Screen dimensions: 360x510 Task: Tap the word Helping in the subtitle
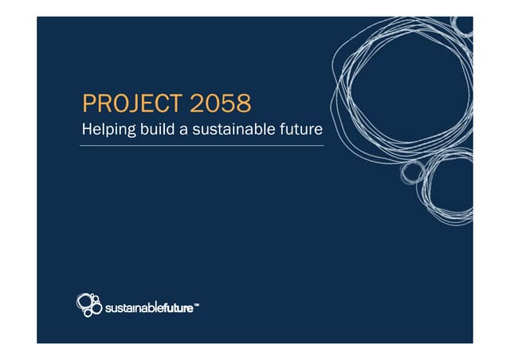tap(108, 128)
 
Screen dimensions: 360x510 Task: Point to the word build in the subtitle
tap(156, 128)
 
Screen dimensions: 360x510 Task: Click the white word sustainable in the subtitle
tap(225, 128)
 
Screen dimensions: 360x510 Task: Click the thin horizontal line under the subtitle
tap(203, 146)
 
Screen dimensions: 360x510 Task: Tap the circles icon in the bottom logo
tap(88, 303)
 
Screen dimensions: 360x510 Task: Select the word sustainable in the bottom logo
tap(129, 306)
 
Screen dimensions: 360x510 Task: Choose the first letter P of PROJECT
tap(88, 104)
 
